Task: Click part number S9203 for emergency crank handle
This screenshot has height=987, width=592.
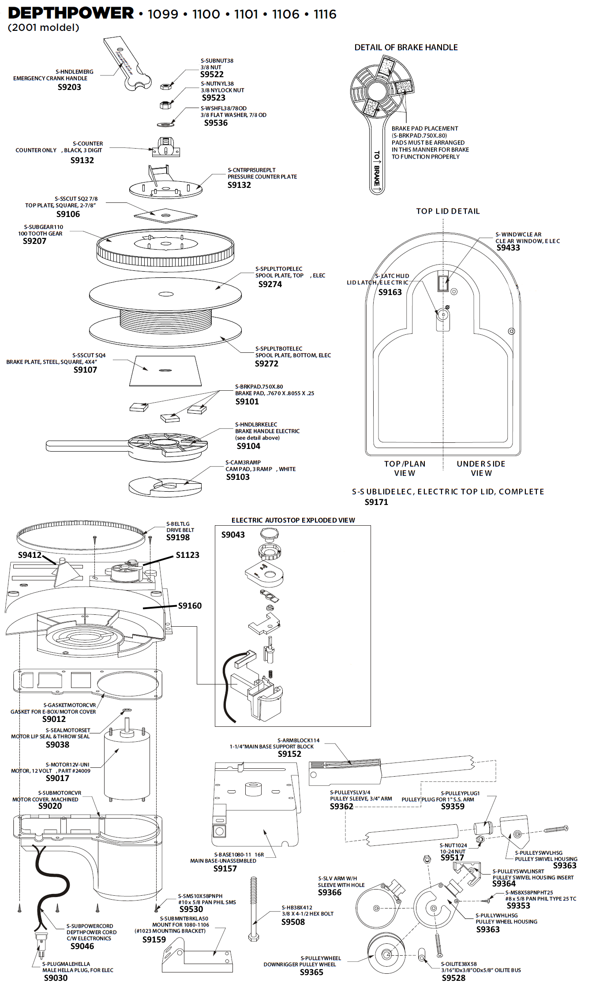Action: point(69,87)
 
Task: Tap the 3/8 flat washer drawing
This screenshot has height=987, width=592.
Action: point(165,125)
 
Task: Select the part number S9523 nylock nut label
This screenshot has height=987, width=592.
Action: point(214,98)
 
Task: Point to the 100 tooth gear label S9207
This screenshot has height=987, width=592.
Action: point(34,241)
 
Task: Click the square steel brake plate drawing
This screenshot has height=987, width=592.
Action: point(165,370)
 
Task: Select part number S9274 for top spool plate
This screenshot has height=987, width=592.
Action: point(270,284)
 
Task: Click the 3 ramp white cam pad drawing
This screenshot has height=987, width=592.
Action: point(165,487)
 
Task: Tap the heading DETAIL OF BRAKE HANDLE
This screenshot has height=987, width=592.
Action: point(406,48)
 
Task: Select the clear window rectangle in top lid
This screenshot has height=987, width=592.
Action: point(442,283)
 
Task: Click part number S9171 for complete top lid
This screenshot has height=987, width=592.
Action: point(376,502)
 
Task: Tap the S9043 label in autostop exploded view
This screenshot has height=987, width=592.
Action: point(233,535)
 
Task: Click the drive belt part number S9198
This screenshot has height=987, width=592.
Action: point(178,538)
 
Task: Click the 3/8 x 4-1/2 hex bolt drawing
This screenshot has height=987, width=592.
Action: point(254,909)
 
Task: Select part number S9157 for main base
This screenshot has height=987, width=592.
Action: point(225,869)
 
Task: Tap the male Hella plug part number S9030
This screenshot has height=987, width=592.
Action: point(56,978)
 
